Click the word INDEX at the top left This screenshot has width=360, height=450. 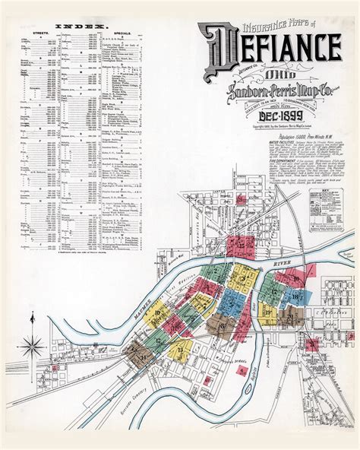pos(74,25)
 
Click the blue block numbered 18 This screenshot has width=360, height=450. pos(295,296)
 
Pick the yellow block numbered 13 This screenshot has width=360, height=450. pos(181,349)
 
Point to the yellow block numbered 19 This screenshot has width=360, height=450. pos(268,312)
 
